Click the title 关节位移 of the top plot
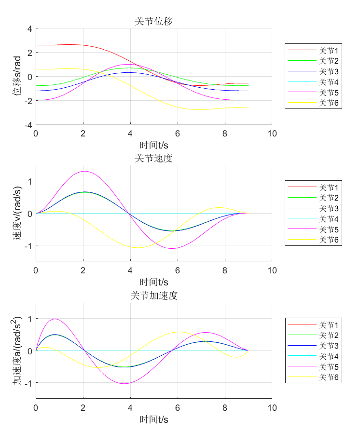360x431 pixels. click(153, 21)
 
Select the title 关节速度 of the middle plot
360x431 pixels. click(153, 158)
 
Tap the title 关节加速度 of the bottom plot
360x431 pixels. click(153, 296)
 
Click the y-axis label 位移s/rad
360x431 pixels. click(17, 76)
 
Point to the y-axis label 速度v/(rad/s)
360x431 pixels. click(17, 213)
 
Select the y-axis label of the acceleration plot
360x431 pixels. click(17, 350)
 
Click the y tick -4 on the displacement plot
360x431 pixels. click(28, 124)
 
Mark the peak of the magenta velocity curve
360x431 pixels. click(84, 171)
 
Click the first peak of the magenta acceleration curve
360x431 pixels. click(55, 319)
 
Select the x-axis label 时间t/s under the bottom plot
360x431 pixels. click(153, 419)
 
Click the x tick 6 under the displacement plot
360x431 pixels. click(178, 134)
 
